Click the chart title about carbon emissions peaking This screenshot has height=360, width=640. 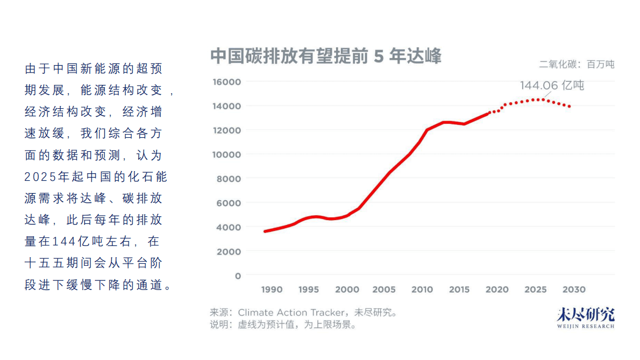(325, 56)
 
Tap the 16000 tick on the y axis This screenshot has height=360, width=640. (227, 82)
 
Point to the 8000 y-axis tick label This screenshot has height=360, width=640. (229, 179)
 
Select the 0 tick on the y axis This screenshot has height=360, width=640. (238, 276)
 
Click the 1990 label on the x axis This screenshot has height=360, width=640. (272, 290)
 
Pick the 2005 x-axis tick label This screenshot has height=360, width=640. (384, 290)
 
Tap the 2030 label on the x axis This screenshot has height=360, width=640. (573, 290)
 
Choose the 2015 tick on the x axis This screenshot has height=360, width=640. (459, 290)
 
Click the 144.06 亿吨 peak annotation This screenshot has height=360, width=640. (551, 86)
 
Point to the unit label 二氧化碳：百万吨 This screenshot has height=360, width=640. (577, 65)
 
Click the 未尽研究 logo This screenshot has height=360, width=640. (585, 314)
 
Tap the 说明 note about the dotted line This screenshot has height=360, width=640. (283, 324)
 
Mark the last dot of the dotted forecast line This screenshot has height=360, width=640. (570, 107)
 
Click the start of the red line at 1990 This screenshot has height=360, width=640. (265, 231)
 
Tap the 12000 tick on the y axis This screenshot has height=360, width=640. (227, 130)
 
